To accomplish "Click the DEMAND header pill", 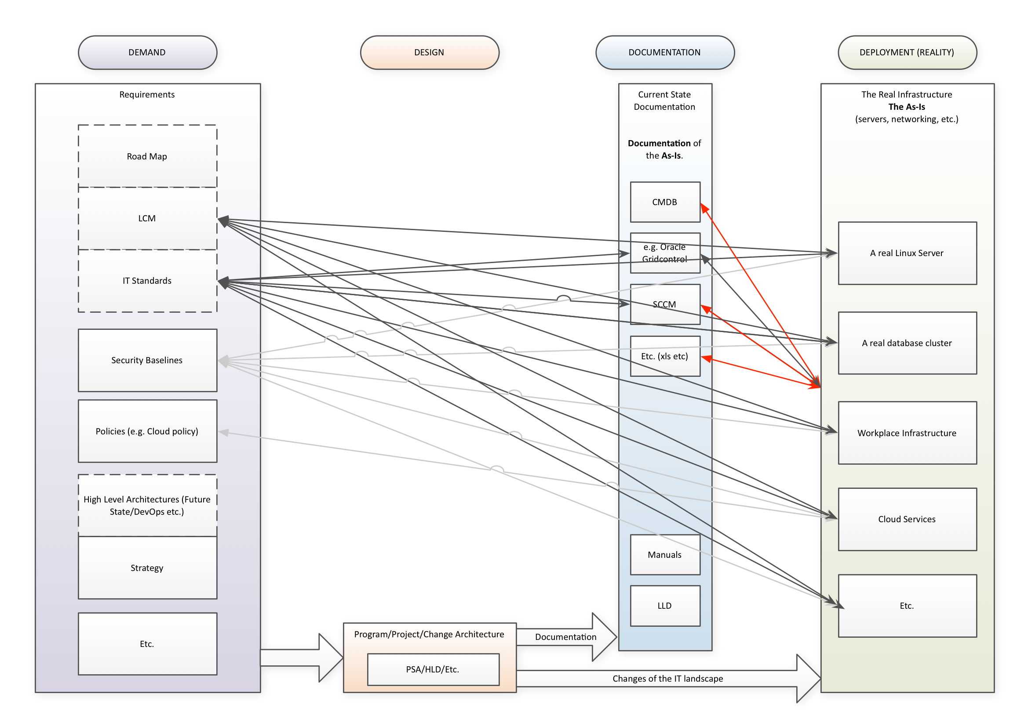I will pyautogui.click(x=147, y=52).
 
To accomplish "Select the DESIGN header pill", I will pyautogui.click(x=430, y=52).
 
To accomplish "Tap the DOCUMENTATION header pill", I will pyautogui.click(x=664, y=52).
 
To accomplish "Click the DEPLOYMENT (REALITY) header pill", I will pyautogui.click(x=907, y=52).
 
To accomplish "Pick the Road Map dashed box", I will pyautogui.click(x=147, y=156).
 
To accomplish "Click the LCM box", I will pyautogui.click(x=147, y=218).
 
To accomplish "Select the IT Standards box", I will pyautogui.click(x=147, y=281).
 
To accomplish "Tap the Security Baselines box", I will pyautogui.click(x=147, y=360).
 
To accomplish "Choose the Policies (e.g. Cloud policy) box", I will pyautogui.click(x=147, y=431).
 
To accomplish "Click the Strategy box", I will pyautogui.click(x=147, y=567).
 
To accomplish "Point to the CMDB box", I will pyautogui.click(x=665, y=202).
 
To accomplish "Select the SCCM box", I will pyautogui.click(x=665, y=304).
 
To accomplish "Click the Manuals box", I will pyautogui.click(x=665, y=555).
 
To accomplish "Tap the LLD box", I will pyautogui.click(x=665, y=606).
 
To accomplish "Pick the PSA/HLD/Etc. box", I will pyautogui.click(x=433, y=669).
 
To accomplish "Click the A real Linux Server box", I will pyautogui.click(x=907, y=253).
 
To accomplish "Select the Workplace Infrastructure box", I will pyautogui.click(x=907, y=433).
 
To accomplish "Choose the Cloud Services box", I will pyautogui.click(x=907, y=519).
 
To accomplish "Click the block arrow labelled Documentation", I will pyautogui.click(x=566, y=637).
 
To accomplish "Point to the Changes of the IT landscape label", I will pyautogui.click(x=667, y=679).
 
